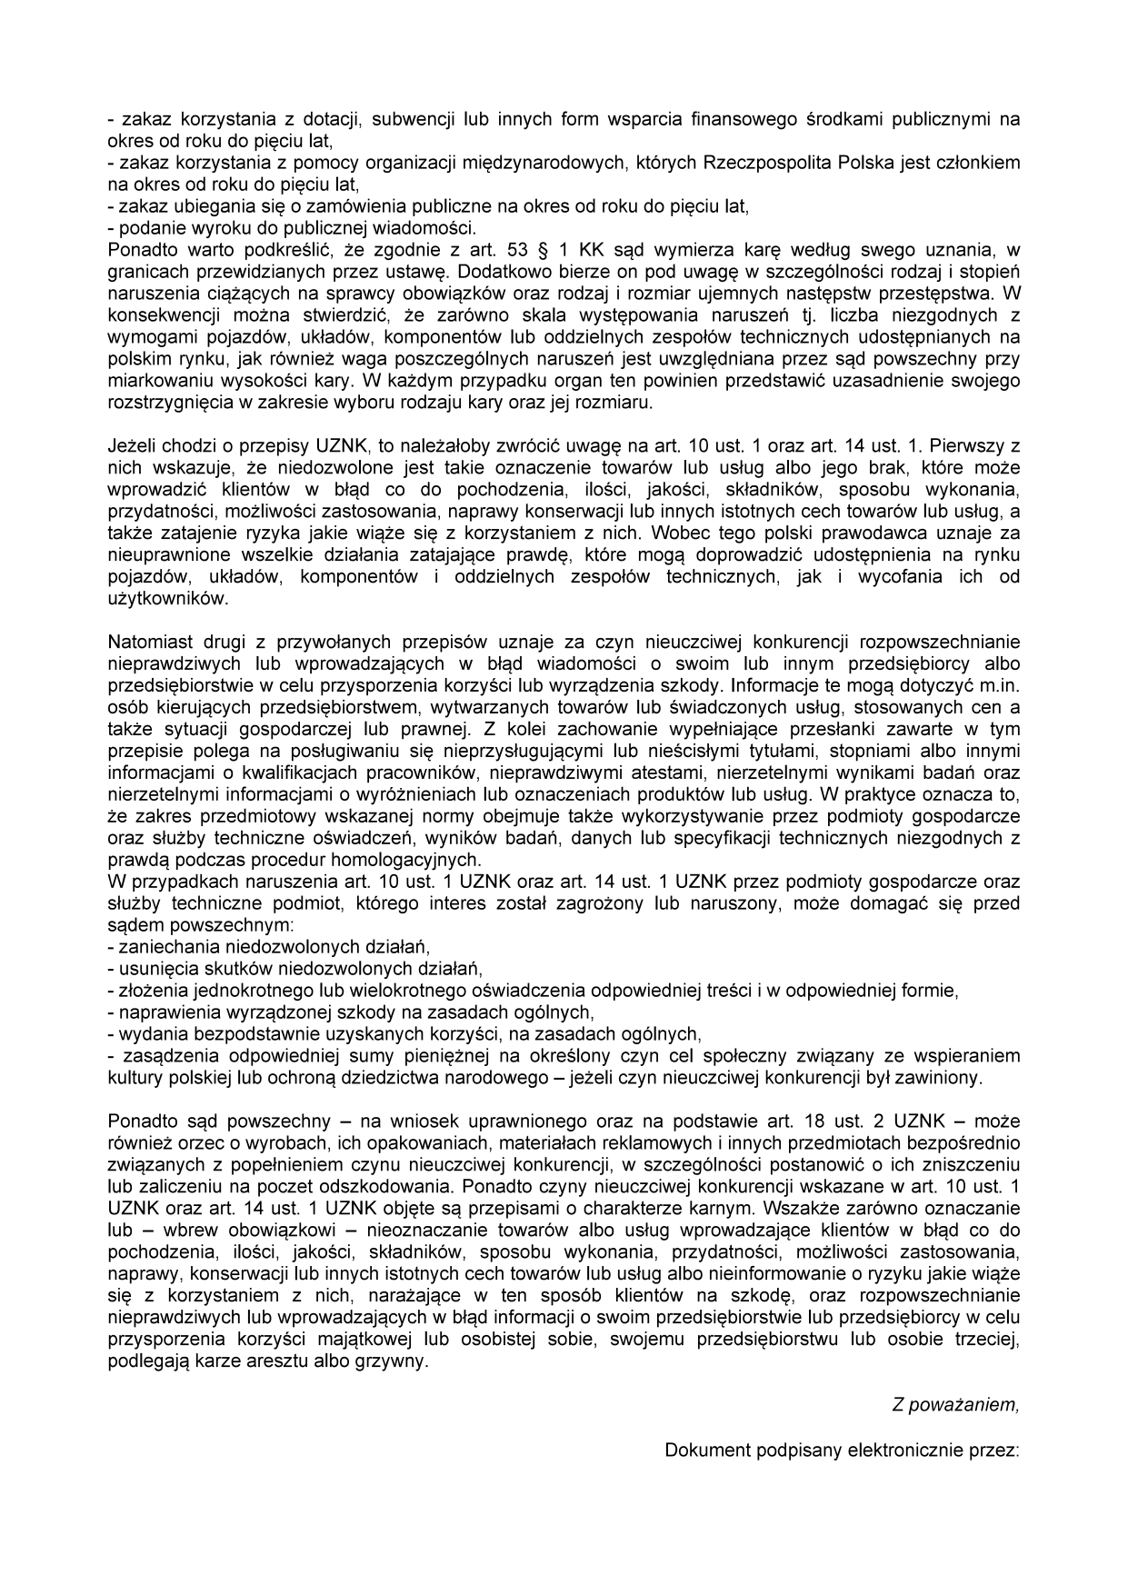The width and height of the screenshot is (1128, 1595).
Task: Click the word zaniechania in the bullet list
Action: (x=163, y=948)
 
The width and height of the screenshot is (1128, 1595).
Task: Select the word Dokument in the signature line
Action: (x=701, y=1450)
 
